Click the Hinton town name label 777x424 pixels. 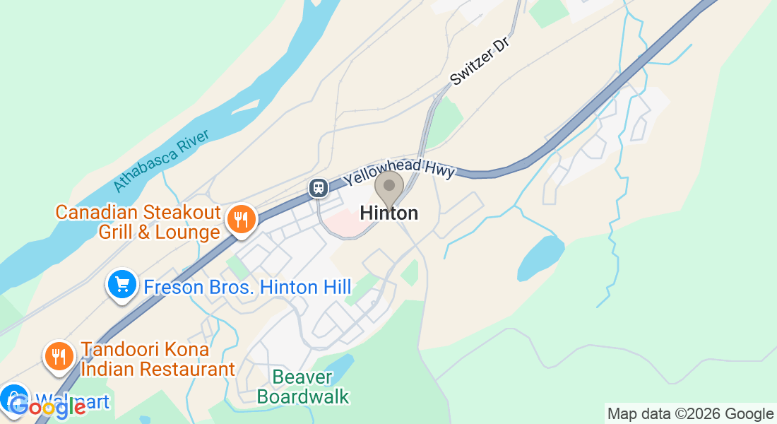pyautogui.click(x=389, y=213)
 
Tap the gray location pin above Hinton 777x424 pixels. pyautogui.click(x=389, y=187)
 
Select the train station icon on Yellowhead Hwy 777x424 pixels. pyautogui.click(x=319, y=188)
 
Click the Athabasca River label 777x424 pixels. pyautogui.click(x=162, y=161)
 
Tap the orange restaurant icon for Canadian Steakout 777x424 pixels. pyautogui.click(x=241, y=219)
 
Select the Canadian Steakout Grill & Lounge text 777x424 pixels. pyautogui.click(x=138, y=222)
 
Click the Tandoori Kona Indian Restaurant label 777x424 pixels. pyautogui.click(x=157, y=359)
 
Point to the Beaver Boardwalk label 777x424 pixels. pyautogui.click(x=302, y=387)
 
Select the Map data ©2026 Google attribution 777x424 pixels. pyautogui.click(x=690, y=414)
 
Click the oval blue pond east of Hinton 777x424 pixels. pyautogui.click(x=540, y=258)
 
